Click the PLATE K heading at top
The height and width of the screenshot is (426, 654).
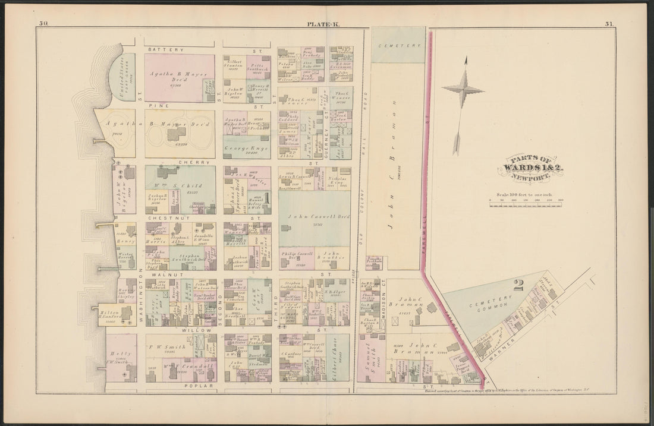click(x=321, y=24)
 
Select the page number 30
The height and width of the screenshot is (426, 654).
click(x=43, y=24)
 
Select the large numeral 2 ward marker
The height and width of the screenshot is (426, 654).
click(x=518, y=285)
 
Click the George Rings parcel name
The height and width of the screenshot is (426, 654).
click(x=246, y=147)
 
